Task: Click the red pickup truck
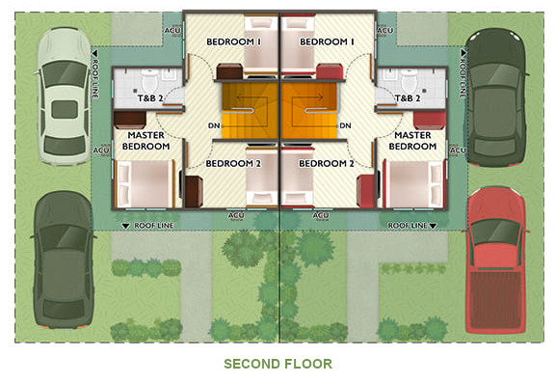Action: [x=495, y=260]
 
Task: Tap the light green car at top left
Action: [x=64, y=96]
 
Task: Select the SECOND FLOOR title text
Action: [x=277, y=364]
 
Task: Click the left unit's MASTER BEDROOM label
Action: [x=145, y=141]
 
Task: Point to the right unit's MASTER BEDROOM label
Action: [x=412, y=141]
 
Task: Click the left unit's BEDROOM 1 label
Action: [x=233, y=41]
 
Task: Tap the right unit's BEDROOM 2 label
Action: [x=327, y=163]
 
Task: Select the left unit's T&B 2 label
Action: [x=150, y=98]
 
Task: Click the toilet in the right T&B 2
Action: [x=410, y=80]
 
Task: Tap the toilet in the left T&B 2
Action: [x=149, y=80]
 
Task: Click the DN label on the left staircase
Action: [x=214, y=125]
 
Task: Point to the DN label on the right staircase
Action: [x=345, y=125]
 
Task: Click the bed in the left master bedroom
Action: [x=145, y=183]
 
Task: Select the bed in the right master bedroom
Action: [x=414, y=183]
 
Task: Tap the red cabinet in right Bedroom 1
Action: [x=330, y=71]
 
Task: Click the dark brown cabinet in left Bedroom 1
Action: [x=229, y=71]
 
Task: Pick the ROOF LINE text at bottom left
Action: [x=153, y=226]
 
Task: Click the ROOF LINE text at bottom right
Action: [x=408, y=226]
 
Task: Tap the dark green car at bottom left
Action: [x=64, y=260]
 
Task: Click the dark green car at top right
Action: [x=495, y=97]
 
